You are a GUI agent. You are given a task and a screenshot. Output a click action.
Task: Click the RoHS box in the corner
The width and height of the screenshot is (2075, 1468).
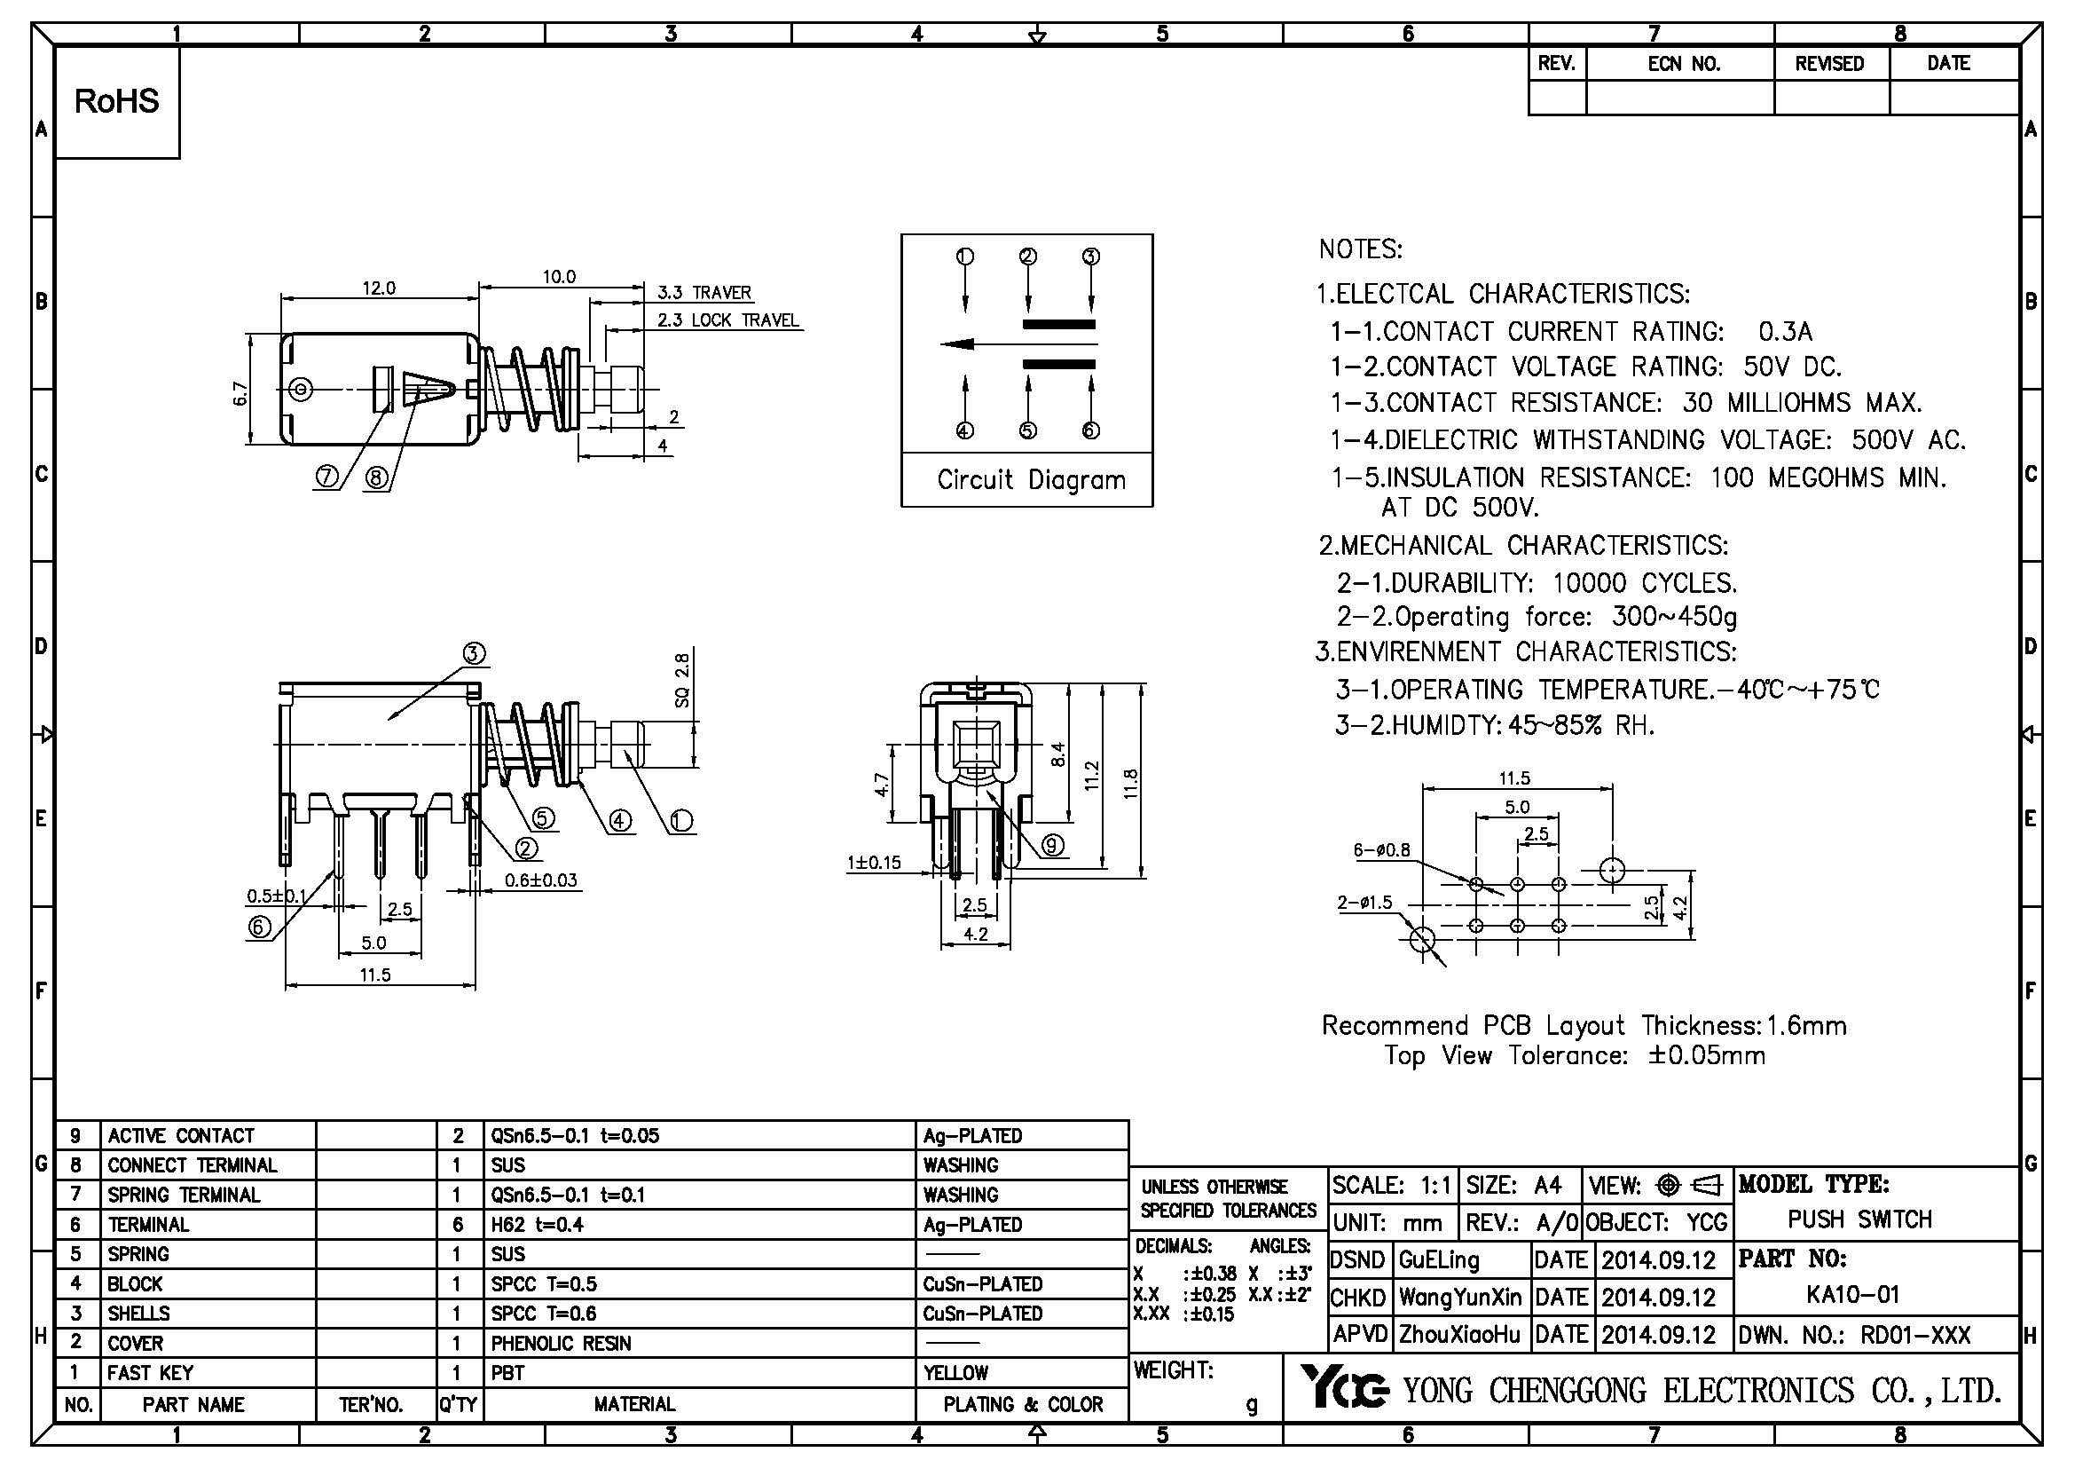pos(116,102)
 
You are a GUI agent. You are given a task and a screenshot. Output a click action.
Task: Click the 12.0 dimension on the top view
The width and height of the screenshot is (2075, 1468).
pos(379,288)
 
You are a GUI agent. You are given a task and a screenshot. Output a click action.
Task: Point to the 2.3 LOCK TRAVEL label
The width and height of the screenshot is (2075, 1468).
pos(727,321)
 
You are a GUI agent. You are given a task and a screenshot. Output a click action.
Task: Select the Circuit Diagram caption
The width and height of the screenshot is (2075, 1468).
pos(1030,480)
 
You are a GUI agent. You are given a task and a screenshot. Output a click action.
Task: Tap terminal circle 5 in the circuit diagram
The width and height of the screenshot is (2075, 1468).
pos(1027,430)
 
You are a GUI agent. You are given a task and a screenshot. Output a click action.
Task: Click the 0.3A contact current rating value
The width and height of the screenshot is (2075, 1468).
pos(1785,332)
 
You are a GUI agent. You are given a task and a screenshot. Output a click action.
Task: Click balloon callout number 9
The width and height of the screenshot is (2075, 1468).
pos(1052,845)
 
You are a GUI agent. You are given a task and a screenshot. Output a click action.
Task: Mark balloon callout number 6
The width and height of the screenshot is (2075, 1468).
pos(259,927)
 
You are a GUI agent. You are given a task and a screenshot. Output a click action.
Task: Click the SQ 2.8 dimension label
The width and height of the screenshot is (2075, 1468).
pos(682,681)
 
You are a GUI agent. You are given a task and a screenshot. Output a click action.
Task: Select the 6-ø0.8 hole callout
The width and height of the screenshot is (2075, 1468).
pos(1381,850)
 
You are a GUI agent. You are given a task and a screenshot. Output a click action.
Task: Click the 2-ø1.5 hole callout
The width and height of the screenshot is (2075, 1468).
pos(1364,902)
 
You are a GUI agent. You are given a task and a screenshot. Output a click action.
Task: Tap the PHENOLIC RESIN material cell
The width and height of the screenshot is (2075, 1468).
pos(561,1343)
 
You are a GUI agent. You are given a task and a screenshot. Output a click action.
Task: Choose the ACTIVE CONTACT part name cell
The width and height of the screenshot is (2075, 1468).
pos(181,1136)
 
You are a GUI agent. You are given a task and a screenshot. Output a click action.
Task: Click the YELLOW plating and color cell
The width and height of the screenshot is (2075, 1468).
pos(955,1373)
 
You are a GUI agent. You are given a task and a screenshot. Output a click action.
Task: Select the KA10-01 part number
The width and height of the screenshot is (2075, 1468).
pos(1852,1294)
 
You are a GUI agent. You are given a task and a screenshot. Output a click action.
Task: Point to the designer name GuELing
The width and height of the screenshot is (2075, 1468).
pos(1438,1259)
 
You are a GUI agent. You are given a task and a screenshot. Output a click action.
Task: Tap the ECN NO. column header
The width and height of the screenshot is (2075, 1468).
pos(1683,64)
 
